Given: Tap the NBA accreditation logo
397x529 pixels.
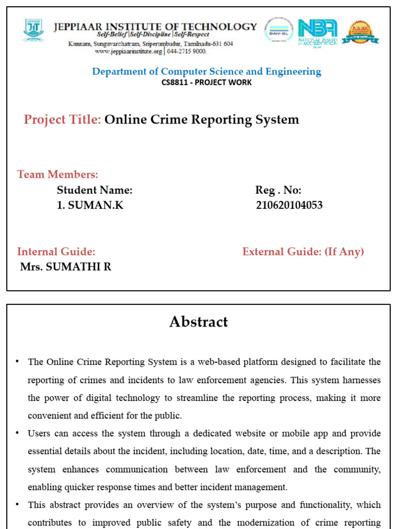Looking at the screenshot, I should point(318,32).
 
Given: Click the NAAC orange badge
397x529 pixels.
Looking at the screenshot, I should point(361,33).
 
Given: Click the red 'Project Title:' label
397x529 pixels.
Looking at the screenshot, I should point(62,120).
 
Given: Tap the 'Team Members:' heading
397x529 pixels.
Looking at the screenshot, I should point(58,175).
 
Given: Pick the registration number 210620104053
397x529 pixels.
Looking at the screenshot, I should point(289,205).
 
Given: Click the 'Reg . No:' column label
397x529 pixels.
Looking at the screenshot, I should point(278,190).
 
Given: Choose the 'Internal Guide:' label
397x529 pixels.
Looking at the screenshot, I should point(56,252).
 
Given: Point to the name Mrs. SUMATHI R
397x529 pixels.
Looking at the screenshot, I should point(66,267).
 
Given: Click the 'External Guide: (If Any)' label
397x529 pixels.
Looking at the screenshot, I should point(303,252).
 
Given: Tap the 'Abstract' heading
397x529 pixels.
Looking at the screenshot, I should point(198,322).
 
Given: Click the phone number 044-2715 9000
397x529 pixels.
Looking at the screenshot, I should point(187,52).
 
